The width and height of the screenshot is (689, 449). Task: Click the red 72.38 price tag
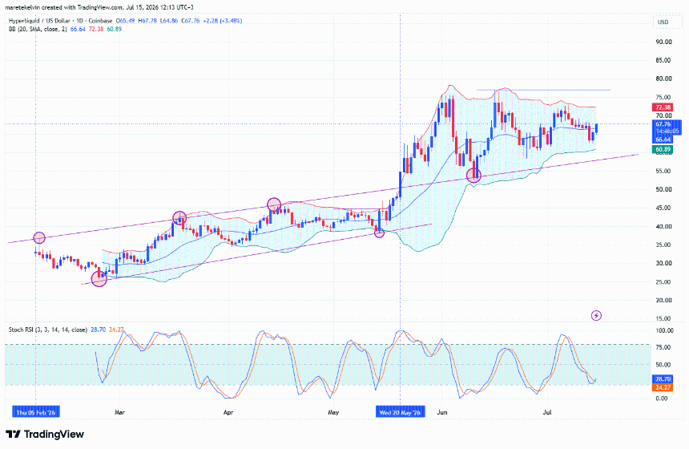click(x=663, y=107)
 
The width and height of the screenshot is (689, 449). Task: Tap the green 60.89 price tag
click(x=663, y=149)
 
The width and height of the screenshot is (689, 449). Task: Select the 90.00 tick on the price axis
click(x=663, y=42)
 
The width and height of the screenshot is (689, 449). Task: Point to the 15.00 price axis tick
click(x=663, y=318)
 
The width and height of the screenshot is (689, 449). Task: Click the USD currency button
click(x=663, y=22)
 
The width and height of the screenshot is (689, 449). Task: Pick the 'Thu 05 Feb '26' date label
click(x=35, y=412)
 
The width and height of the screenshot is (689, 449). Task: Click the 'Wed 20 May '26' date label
click(x=400, y=412)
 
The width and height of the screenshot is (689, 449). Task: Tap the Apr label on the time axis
click(x=228, y=412)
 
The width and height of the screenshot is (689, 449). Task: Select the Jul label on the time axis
click(x=547, y=412)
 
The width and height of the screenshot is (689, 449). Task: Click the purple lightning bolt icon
click(x=596, y=315)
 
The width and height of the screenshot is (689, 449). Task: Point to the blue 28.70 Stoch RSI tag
click(x=663, y=379)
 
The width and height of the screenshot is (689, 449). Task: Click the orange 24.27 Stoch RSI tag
click(x=663, y=387)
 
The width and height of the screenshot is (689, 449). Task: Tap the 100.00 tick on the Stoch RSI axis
click(x=664, y=330)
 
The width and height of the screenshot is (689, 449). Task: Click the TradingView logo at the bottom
click(x=45, y=435)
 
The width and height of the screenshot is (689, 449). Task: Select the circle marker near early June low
click(x=473, y=176)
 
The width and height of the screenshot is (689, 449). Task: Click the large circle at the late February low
click(x=99, y=278)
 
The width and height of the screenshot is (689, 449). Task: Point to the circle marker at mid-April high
click(x=274, y=204)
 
